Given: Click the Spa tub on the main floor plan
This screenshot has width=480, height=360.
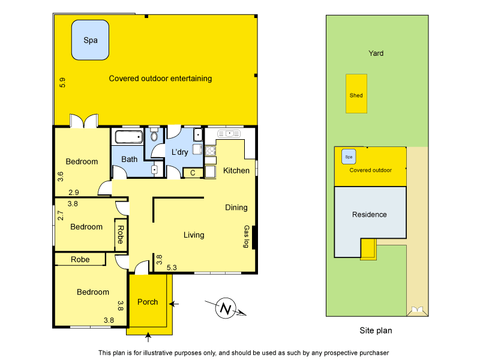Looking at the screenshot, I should click(90, 40).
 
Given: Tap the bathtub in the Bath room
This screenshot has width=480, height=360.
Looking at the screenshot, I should click(128, 137).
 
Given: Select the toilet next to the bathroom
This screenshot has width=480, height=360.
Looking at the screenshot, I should click(154, 136).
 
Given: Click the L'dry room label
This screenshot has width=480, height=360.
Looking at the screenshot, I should click(180, 152).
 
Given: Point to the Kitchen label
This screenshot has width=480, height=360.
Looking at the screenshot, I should click(236, 171).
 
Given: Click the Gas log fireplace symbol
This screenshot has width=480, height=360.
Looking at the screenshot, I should click(254, 236).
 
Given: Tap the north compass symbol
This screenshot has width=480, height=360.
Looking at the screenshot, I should click(226, 308).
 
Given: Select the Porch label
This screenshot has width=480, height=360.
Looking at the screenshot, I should click(148, 302).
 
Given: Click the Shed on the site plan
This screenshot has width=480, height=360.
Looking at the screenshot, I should click(356, 94).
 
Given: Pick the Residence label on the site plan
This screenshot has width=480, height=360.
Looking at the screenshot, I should click(369, 215).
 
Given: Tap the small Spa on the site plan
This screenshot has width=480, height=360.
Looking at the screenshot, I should click(347, 157).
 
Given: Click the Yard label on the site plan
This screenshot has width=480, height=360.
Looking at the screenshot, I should click(376, 53).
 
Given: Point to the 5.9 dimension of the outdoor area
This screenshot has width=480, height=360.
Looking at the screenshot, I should click(62, 82).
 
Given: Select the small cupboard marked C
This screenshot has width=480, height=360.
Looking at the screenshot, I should click(192, 173).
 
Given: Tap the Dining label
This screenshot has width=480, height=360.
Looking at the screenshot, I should click(236, 208).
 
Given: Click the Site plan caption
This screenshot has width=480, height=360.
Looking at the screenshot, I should click(375, 330).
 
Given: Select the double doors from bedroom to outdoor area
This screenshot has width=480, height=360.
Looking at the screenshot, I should click(83, 121).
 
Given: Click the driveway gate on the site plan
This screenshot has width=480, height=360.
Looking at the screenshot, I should click(415, 310).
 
